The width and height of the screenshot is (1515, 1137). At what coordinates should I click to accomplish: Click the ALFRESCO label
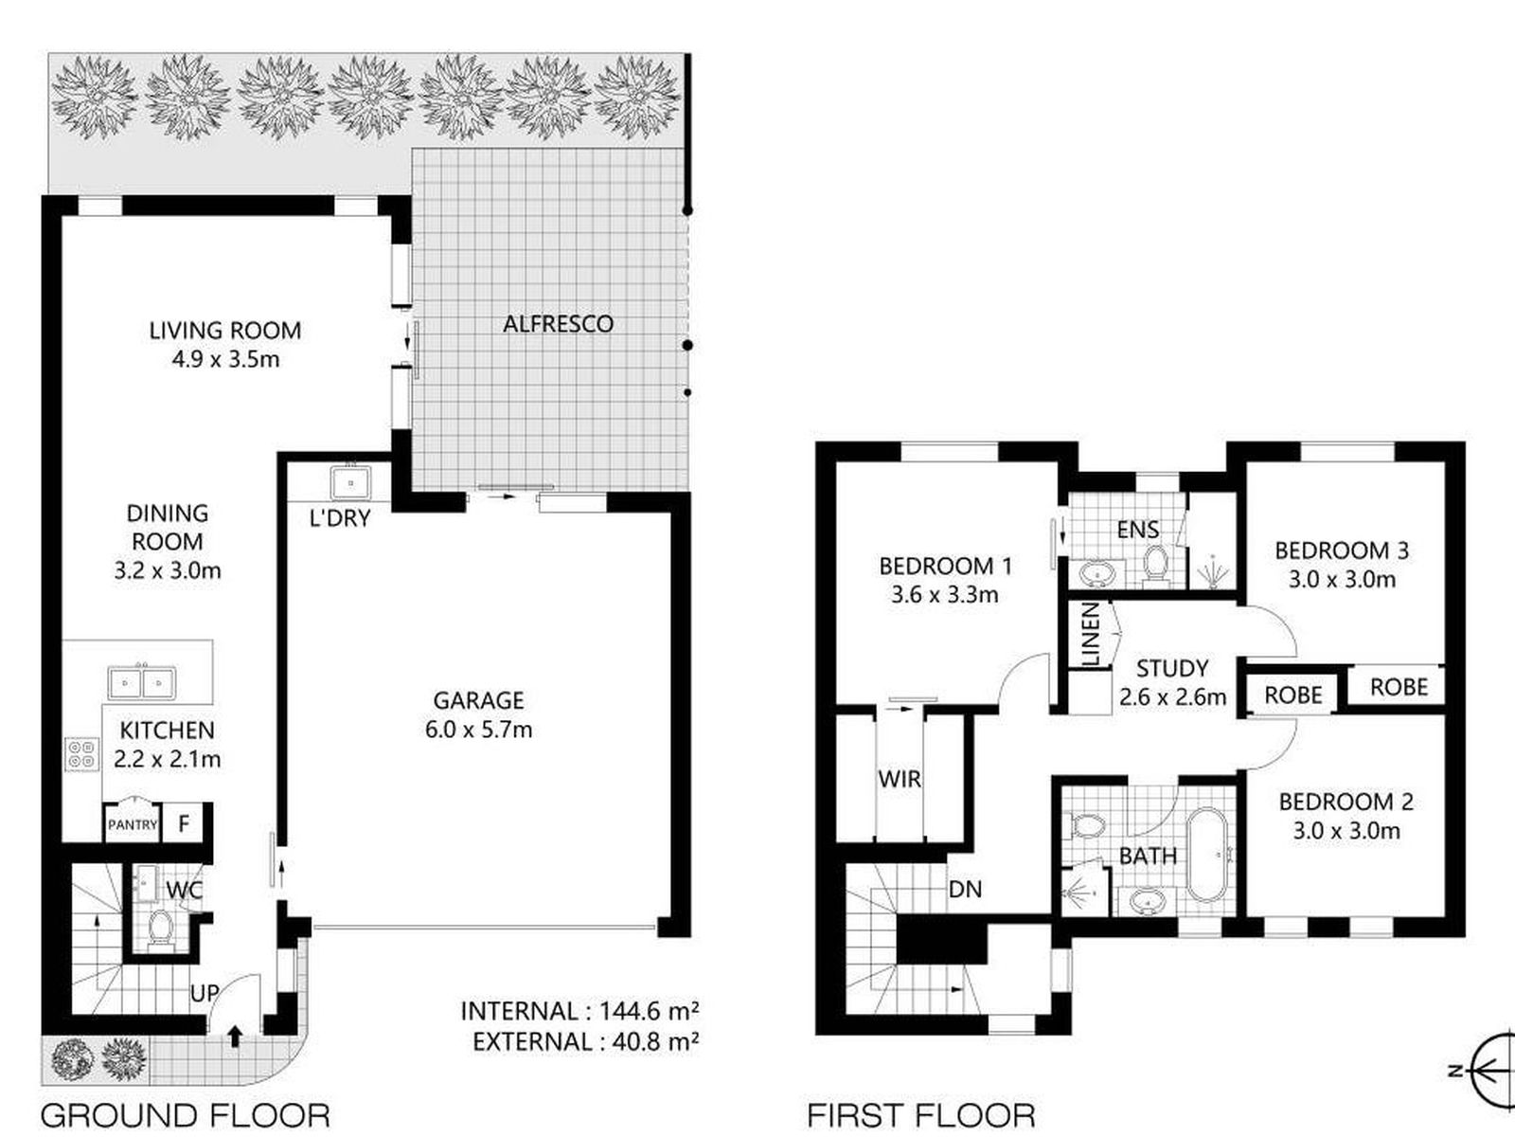558,324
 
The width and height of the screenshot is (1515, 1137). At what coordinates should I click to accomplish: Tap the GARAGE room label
478,700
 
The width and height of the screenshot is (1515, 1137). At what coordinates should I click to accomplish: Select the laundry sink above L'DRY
350,482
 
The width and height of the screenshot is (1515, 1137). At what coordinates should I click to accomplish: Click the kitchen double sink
141,683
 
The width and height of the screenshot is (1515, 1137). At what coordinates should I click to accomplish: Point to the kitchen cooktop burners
81,753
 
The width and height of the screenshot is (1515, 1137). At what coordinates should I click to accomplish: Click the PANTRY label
133,824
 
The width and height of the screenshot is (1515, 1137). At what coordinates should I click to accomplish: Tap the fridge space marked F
184,822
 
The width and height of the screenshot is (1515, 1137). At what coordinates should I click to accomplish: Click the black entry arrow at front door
235,1037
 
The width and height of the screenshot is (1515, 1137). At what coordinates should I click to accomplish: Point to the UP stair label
205,993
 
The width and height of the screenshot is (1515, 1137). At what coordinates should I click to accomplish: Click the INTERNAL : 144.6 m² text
579,1011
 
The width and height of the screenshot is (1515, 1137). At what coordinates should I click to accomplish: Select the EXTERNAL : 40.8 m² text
585,1041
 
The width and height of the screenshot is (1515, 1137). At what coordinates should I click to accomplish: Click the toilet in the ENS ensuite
1154,564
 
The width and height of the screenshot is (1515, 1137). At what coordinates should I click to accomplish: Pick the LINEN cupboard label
1091,634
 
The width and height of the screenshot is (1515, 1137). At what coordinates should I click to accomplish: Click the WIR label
900,779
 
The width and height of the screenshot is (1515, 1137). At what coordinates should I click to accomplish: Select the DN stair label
965,889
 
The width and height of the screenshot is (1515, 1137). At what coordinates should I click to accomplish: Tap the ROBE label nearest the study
1293,695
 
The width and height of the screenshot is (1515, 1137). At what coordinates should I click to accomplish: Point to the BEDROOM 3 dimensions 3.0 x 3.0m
1342,579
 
